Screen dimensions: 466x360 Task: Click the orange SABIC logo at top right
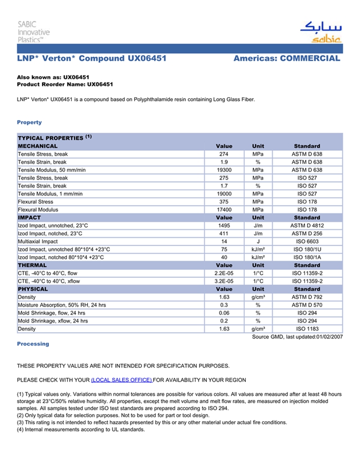[320, 32]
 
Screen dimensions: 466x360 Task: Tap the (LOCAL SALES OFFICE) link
[121, 380]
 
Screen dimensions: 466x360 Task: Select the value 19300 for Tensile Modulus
[224, 170]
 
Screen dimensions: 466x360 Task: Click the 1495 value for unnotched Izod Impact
[224, 226]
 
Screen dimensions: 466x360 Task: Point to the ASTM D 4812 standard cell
[307, 226]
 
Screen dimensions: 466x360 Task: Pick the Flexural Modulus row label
[38, 210]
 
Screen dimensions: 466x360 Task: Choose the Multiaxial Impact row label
[38, 242]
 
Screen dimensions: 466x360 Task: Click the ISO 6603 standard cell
[307, 242]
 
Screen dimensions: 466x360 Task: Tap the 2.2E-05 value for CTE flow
[224, 274]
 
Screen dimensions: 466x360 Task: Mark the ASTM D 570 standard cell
[307, 305]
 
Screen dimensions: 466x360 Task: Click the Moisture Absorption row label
[62, 305]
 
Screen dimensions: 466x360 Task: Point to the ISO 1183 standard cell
[307, 329]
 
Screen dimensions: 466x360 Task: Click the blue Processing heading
[33, 344]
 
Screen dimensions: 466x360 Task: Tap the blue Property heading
[29, 122]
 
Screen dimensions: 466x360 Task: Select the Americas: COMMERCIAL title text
[286, 59]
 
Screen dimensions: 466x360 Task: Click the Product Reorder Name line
[65, 84]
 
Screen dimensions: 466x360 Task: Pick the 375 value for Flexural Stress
[224, 202]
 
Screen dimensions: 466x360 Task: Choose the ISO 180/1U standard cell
[307, 249]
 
